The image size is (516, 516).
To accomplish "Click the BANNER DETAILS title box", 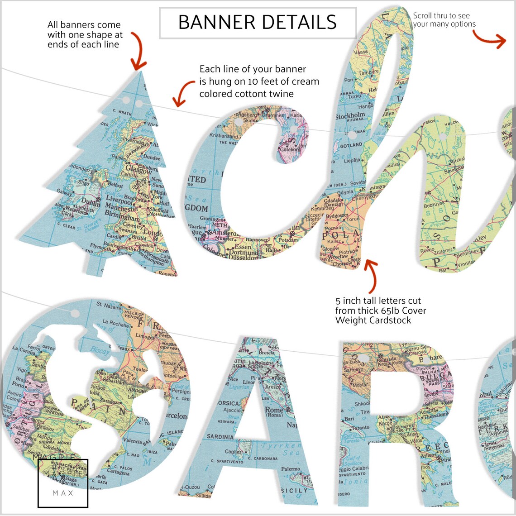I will tap(258, 22).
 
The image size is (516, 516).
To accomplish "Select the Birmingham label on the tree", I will tap(122, 215).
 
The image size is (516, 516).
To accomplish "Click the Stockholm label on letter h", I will tap(350, 116).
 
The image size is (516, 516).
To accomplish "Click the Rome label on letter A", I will tap(274, 410).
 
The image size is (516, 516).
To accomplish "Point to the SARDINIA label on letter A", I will tap(220, 437).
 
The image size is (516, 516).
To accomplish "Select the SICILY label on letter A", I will tap(294, 491).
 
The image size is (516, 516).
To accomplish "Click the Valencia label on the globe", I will tap(132, 441).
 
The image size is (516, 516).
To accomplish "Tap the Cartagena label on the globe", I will tap(118, 472).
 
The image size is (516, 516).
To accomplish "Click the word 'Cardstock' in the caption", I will tap(391, 320).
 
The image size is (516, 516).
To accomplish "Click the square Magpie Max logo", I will tap(63, 483).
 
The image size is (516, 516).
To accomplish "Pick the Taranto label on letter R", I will tap(360, 428).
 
